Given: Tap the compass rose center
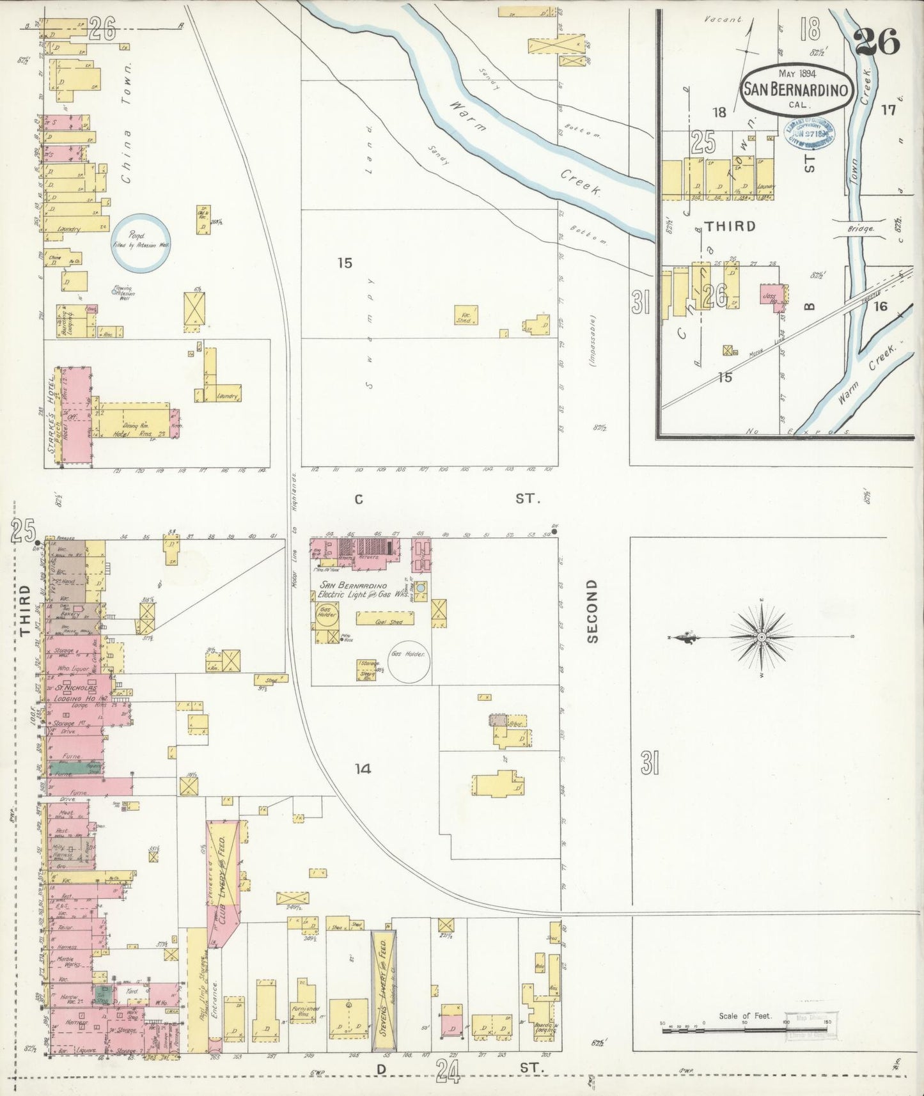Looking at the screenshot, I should click(x=762, y=638).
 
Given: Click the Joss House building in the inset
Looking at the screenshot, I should click(x=771, y=298).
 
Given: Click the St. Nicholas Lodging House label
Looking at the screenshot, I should click(x=75, y=693).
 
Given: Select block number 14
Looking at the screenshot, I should click(x=363, y=769).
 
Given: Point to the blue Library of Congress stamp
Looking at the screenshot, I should click(x=809, y=136).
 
